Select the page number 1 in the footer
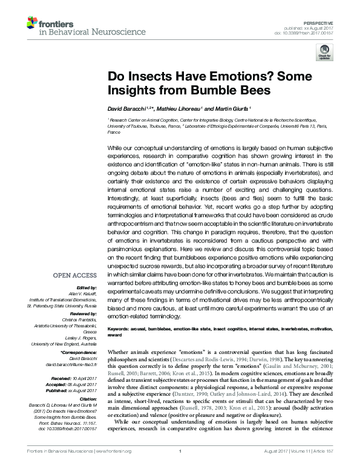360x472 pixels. (180, 467)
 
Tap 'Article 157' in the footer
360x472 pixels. (332, 467)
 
